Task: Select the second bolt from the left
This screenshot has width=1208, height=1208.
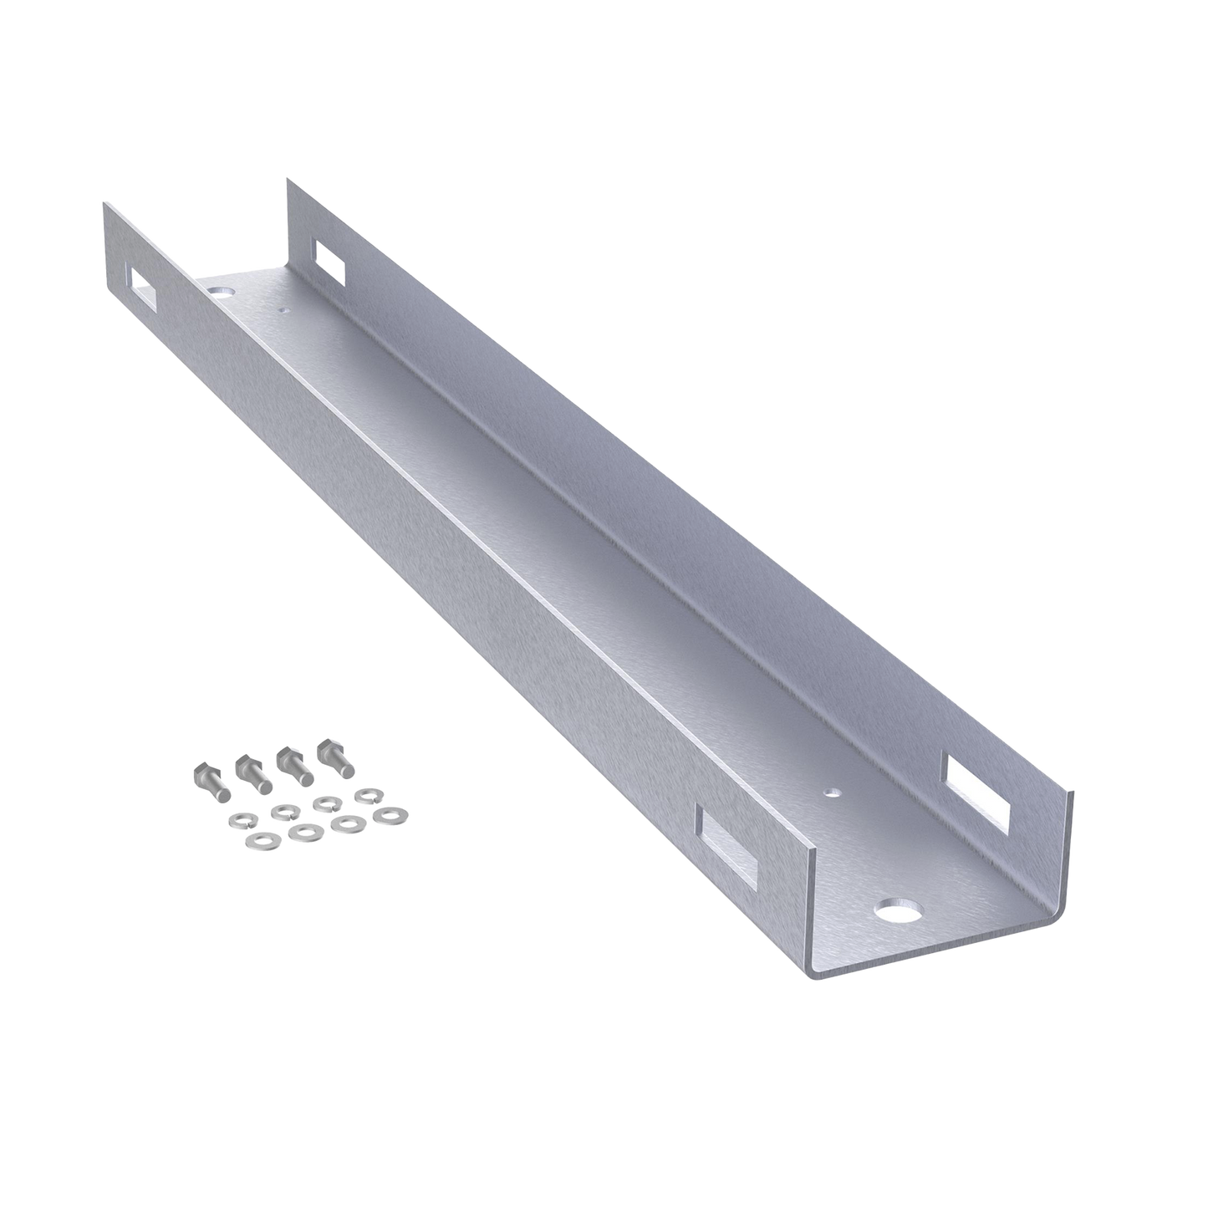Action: point(250,772)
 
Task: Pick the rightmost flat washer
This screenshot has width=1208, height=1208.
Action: point(387,813)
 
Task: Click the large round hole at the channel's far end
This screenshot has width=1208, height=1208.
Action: point(222,293)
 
